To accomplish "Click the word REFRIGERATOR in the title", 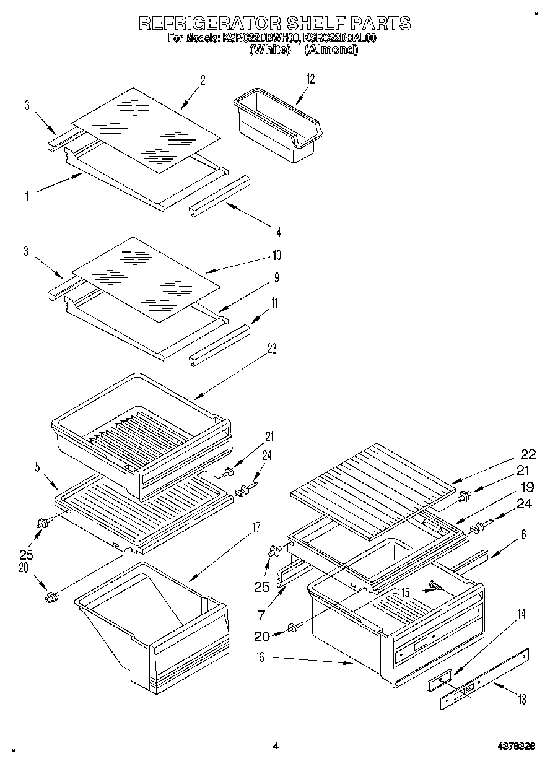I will click(209, 24).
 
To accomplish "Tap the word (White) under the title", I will click(269, 50).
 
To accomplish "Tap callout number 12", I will click(310, 79).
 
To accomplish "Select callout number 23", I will click(271, 349).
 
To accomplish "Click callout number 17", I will click(256, 527).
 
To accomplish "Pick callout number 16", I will click(260, 658).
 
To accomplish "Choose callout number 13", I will click(522, 700).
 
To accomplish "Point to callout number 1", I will click(27, 197).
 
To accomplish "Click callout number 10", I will click(276, 254).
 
